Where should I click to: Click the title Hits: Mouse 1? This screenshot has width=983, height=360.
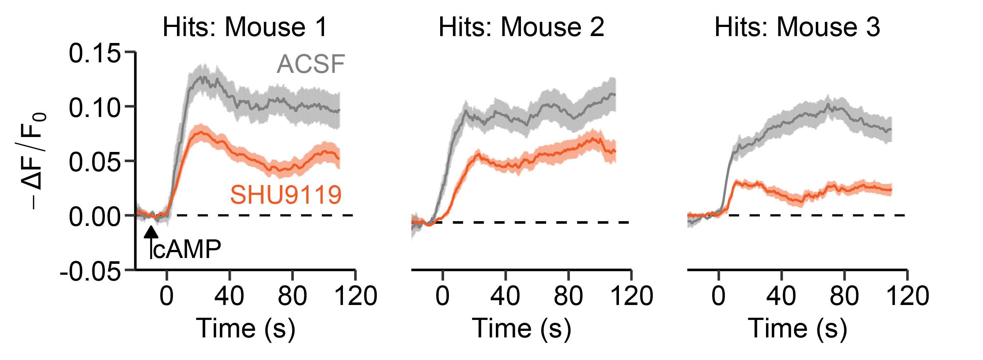click(x=245, y=27)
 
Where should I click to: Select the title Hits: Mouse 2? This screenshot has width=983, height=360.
click(x=521, y=27)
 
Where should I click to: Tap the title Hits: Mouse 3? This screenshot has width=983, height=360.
click(x=797, y=27)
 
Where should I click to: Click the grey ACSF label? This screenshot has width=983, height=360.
click(x=311, y=64)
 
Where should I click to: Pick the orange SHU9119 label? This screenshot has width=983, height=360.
click(x=286, y=195)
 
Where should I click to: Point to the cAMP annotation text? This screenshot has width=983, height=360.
click(x=187, y=249)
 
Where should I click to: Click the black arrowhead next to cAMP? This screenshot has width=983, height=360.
click(x=151, y=232)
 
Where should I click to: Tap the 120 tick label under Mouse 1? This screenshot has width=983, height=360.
click(x=356, y=296)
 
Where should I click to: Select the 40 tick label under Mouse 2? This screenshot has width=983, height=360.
click(x=505, y=296)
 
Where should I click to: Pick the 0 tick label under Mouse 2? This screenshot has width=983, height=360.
click(x=443, y=296)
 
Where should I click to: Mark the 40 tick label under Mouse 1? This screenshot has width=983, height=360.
click(x=229, y=296)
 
